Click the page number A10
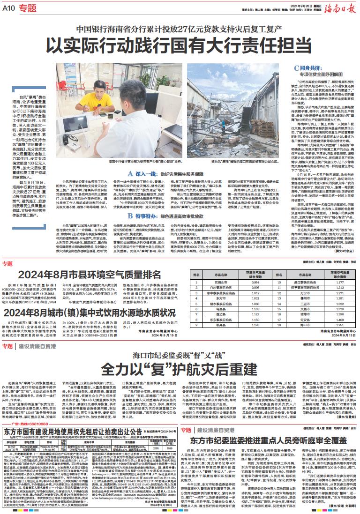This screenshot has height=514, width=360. pyautogui.click(x=10, y=7)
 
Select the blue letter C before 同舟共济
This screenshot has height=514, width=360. pyautogui.click(x=296, y=68)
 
